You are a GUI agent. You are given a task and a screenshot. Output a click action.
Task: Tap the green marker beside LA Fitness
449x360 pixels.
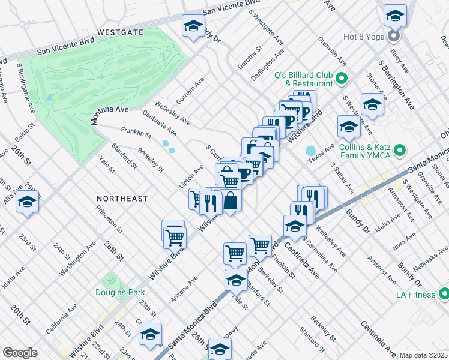coord(444,294)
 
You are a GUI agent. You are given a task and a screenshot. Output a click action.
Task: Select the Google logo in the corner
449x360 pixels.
coord(20,352)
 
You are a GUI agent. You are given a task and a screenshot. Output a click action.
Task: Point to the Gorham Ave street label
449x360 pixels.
coord(190,90)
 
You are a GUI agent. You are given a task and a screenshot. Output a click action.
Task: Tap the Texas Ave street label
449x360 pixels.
coord(320,156)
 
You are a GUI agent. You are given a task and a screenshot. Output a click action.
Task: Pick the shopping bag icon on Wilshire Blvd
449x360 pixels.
coord(231,201)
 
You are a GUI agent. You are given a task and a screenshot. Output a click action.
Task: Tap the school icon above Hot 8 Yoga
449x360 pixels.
coord(395,15)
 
